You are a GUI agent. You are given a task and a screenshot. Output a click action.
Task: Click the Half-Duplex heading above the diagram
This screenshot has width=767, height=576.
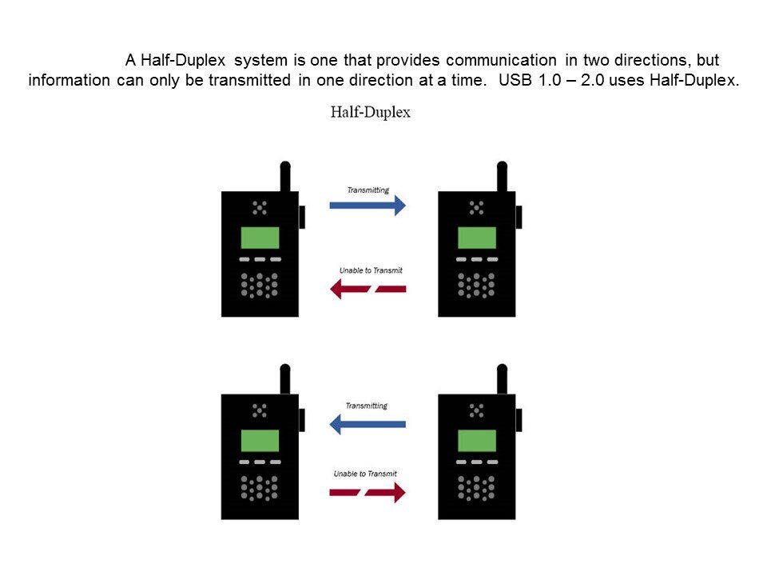370,112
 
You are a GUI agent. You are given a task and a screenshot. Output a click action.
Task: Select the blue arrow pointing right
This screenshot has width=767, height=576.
368,206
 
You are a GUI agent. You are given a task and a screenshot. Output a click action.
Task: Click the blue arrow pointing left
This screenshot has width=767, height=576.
368,424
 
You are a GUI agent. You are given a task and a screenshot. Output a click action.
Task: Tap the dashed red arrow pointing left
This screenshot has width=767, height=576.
368,289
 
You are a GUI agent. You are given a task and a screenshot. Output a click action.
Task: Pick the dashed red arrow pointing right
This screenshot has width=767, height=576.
368,492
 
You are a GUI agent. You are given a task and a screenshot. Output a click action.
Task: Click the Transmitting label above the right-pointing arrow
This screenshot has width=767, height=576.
368,190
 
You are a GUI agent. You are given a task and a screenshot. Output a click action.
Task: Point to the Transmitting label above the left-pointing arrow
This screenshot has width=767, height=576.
367,406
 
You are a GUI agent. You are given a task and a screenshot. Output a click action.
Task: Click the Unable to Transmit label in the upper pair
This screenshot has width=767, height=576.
371,270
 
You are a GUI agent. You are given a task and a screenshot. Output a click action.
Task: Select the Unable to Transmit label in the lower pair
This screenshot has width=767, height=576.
365,474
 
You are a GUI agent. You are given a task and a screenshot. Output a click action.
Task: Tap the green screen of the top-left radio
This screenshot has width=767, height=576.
260,238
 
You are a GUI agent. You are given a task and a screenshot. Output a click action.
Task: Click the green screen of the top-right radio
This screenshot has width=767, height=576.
476,238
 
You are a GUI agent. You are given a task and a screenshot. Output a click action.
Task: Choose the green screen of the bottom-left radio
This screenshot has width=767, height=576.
260,441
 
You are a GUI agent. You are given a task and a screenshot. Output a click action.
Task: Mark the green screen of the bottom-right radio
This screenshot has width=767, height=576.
476,441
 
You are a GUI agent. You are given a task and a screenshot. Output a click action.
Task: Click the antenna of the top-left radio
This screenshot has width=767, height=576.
285,176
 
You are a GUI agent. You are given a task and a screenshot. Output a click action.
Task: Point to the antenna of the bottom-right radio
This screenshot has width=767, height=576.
502,379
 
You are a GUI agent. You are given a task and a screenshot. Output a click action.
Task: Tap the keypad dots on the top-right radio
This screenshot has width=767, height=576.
476,286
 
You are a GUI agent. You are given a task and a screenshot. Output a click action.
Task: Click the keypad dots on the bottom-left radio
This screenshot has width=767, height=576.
259,488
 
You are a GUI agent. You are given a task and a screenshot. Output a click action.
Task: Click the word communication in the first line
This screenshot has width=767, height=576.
501,60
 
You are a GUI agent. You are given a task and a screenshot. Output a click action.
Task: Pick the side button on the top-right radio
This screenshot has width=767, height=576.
519,217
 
